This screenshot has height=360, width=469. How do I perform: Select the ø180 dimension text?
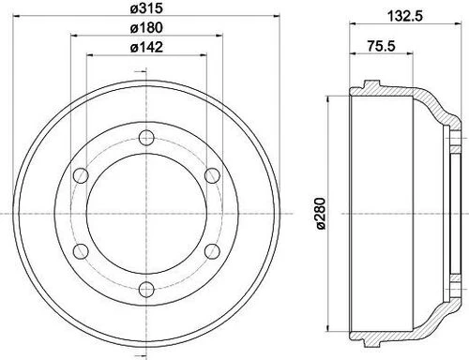pos(146,28)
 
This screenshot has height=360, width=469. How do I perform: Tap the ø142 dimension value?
pos(146,47)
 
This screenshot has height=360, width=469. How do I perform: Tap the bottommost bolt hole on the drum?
pos(146,288)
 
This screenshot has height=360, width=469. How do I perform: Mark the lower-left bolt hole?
pos(82,250)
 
